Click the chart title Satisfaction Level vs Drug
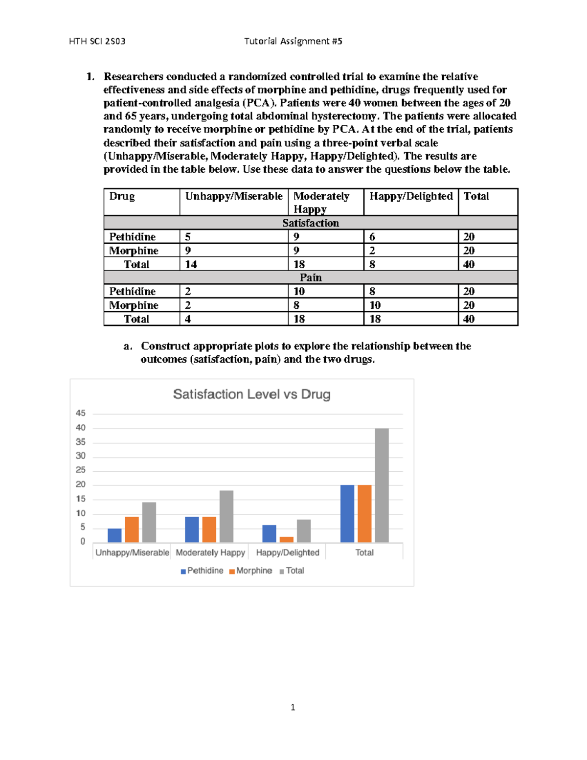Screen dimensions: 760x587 [x=251, y=394]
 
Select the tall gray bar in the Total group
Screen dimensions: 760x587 [x=382, y=485]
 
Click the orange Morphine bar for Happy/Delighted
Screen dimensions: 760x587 [x=287, y=539]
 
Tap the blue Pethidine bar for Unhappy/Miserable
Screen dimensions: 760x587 [x=114, y=535]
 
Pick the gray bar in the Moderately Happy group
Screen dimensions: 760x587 [x=226, y=516]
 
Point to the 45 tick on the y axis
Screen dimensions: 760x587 [x=81, y=414]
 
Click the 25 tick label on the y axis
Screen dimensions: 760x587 [x=81, y=470]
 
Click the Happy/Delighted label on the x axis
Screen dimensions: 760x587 [x=288, y=553]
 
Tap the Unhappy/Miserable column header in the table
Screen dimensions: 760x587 [x=234, y=196]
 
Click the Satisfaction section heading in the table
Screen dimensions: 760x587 [x=311, y=223]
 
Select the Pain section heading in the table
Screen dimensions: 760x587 [x=311, y=277]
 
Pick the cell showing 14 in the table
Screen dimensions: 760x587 [x=191, y=264]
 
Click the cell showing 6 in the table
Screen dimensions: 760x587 [x=373, y=237]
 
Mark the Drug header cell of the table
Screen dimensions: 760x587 [x=122, y=196]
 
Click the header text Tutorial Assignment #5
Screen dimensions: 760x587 [x=293, y=41]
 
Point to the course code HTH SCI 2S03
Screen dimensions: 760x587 [x=97, y=41]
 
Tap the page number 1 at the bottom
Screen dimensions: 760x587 [x=293, y=707]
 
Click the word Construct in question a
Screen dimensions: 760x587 [x=165, y=346]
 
